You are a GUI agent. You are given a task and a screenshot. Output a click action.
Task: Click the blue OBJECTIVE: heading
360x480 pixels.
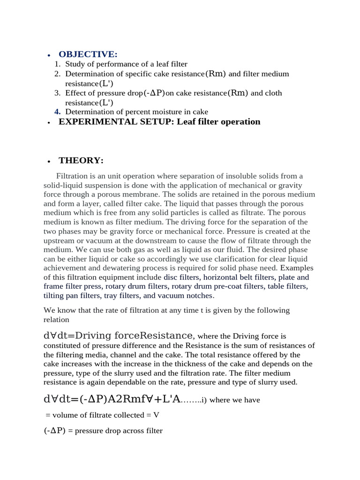(x=88, y=54)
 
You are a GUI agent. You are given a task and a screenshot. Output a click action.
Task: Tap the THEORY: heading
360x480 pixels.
(x=81, y=161)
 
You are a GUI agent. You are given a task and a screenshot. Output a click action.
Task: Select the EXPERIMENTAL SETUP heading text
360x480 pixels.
(x=159, y=122)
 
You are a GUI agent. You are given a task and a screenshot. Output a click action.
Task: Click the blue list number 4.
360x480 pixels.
(x=58, y=112)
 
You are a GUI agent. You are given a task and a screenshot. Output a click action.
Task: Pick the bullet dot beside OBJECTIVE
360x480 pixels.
(x=49, y=55)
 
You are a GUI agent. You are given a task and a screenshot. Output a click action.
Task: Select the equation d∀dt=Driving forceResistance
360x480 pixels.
(x=118, y=336)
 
